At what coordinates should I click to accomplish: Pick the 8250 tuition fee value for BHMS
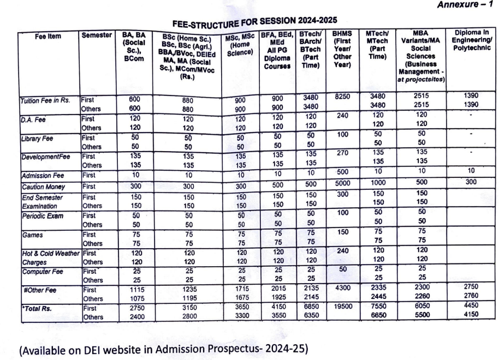(341, 95)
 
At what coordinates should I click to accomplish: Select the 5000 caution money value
(341, 185)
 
